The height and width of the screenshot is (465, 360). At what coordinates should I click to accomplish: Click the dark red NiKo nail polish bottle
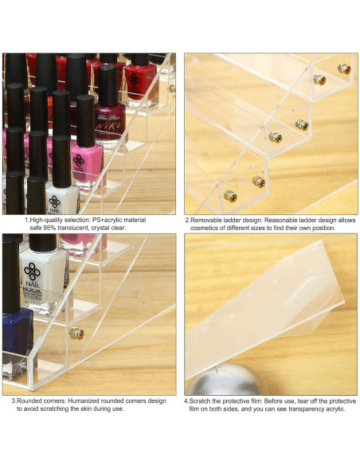click(110, 111)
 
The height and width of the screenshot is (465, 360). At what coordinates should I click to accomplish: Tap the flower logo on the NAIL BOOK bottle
click(40, 268)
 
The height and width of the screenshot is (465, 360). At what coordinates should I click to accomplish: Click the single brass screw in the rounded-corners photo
click(78, 333)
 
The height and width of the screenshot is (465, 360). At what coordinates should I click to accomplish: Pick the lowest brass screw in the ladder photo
click(230, 194)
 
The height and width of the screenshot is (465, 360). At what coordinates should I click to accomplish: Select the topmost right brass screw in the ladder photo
click(343, 69)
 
